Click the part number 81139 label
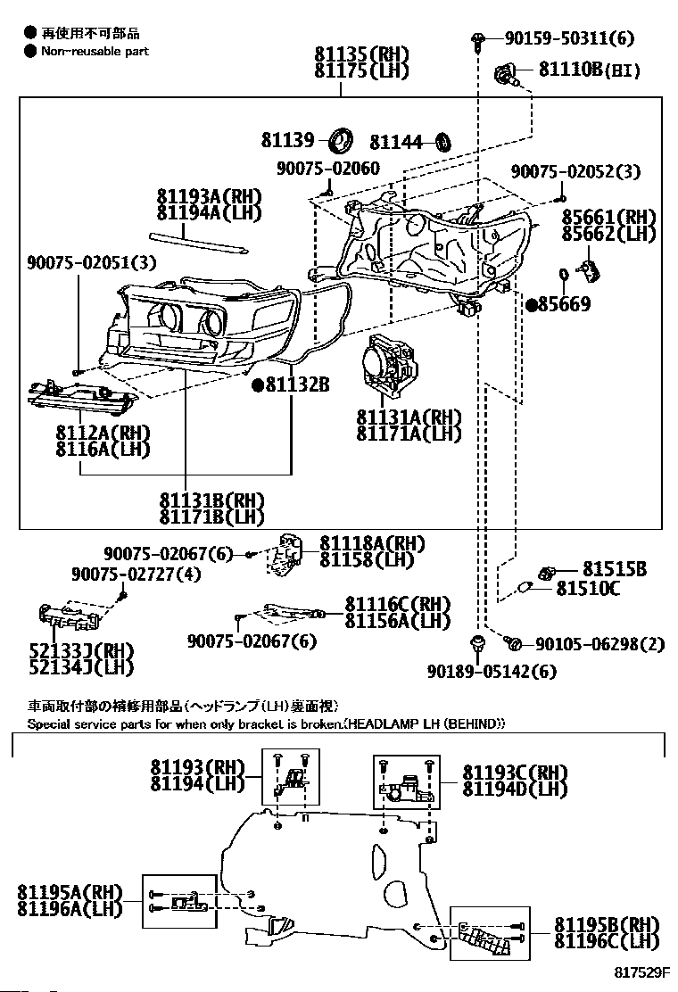coord(287,140)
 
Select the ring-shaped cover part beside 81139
coord(343,140)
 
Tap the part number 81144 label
coord(396,143)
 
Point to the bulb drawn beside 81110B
coord(508,74)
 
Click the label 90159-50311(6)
coord(569,38)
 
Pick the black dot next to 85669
coord(532,305)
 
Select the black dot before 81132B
coord(258,384)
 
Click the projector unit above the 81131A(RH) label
coord(388,367)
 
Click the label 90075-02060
coord(328,169)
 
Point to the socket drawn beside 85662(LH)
coord(590,270)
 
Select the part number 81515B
coord(615,569)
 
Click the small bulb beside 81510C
coord(524,589)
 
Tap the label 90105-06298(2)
coord(599,644)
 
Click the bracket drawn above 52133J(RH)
coord(70,616)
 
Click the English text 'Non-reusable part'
coord(95,51)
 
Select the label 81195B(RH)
coord(607,925)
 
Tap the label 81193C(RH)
coord(515,773)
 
